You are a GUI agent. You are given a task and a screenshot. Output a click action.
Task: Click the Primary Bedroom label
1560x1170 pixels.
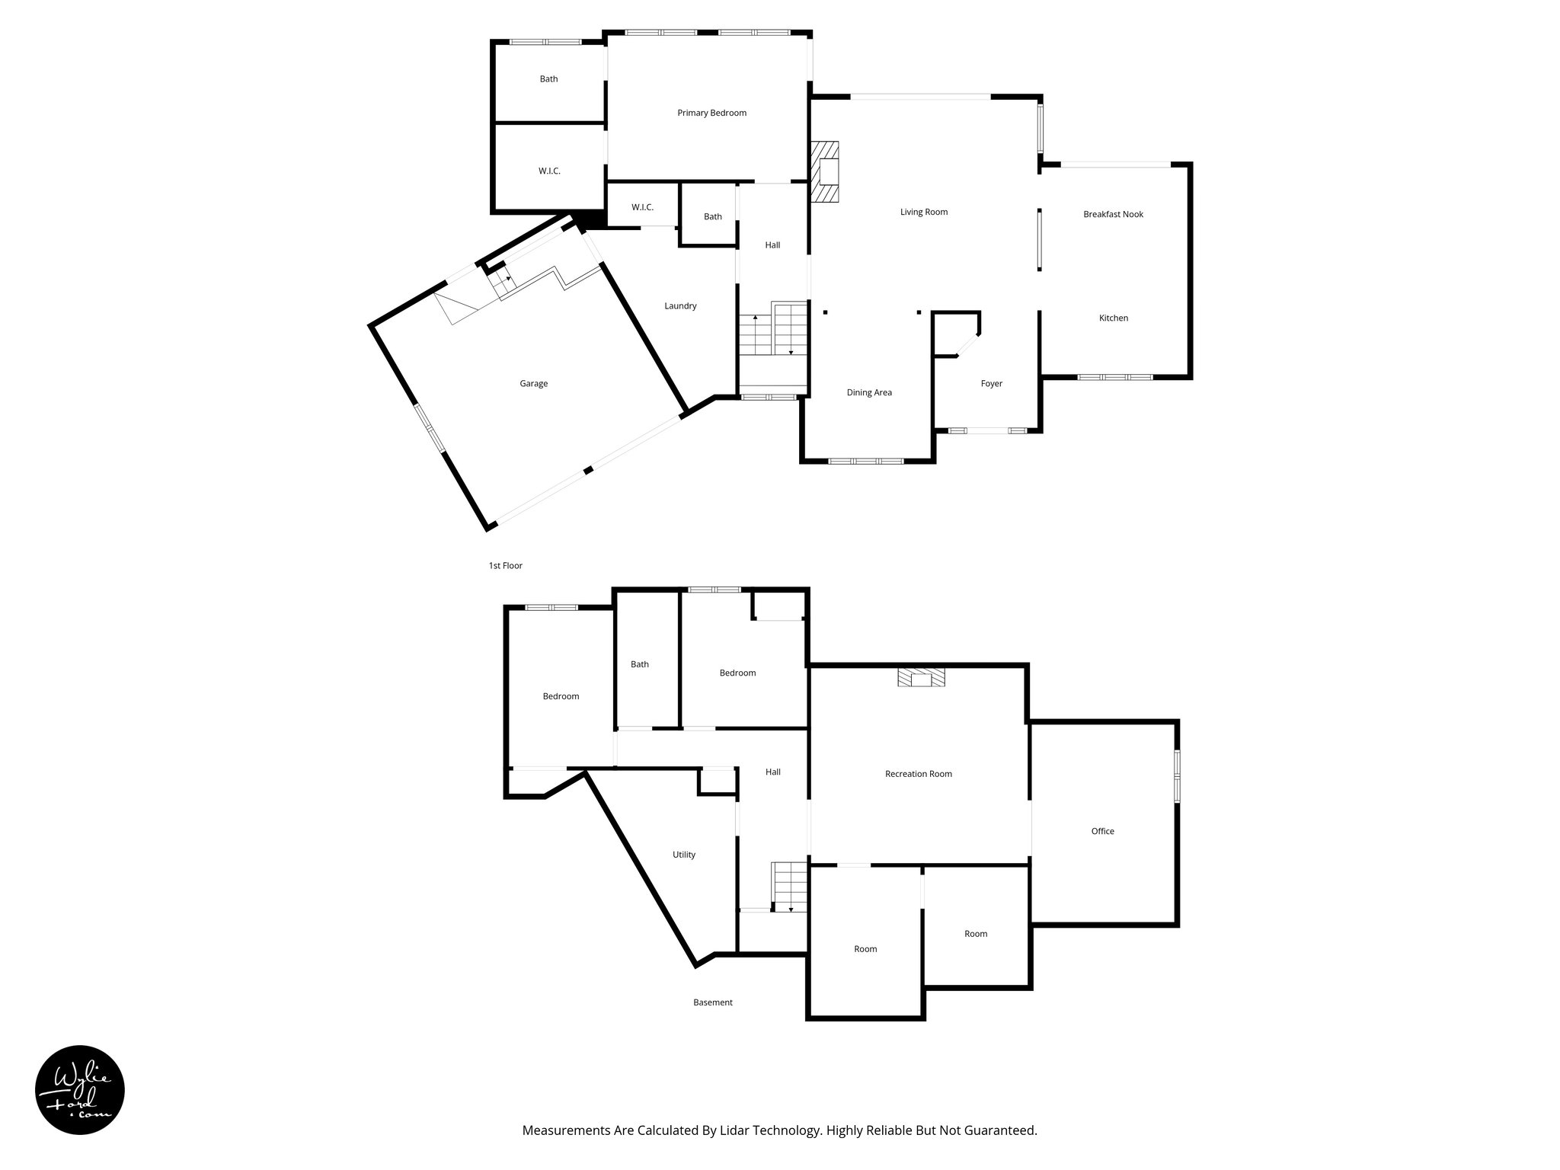click(x=711, y=113)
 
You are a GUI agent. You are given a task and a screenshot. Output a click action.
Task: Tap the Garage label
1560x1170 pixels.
click(x=533, y=384)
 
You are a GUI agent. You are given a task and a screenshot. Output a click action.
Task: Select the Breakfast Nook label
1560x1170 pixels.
click(x=1113, y=214)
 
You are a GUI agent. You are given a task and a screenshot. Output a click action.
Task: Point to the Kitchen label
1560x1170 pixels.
click(x=1113, y=318)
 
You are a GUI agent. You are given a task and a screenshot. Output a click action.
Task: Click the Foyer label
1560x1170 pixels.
click(x=991, y=384)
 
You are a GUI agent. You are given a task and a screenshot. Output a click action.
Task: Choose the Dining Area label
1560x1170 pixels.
click(x=869, y=393)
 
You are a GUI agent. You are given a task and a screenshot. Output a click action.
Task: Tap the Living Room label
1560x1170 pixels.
click(x=923, y=212)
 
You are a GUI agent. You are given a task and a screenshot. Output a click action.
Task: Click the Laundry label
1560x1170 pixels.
click(x=680, y=306)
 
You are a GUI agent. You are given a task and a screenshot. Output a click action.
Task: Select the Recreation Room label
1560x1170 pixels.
click(x=918, y=774)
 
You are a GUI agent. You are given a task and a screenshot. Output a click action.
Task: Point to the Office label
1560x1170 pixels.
click(x=1102, y=831)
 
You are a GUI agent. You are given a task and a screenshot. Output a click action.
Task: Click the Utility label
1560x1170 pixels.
click(x=683, y=855)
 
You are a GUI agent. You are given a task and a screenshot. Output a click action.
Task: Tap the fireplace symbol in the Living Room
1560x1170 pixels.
click(x=825, y=172)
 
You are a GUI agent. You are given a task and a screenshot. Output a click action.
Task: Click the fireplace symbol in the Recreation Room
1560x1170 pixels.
click(x=921, y=678)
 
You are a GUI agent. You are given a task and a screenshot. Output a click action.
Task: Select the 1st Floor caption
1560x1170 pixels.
click(x=505, y=566)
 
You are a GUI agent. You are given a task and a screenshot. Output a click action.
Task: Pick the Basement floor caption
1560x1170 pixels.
click(x=712, y=1002)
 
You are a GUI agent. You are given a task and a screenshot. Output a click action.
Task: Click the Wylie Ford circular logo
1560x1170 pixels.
click(x=80, y=1090)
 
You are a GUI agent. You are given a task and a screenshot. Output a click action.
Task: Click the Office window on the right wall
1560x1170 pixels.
click(x=1177, y=776)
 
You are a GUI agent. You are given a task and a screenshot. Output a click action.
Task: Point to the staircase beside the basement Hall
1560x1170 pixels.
click(x=789, y=886)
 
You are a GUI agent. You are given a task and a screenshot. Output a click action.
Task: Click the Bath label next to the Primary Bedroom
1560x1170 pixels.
click(x=548, y=79)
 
